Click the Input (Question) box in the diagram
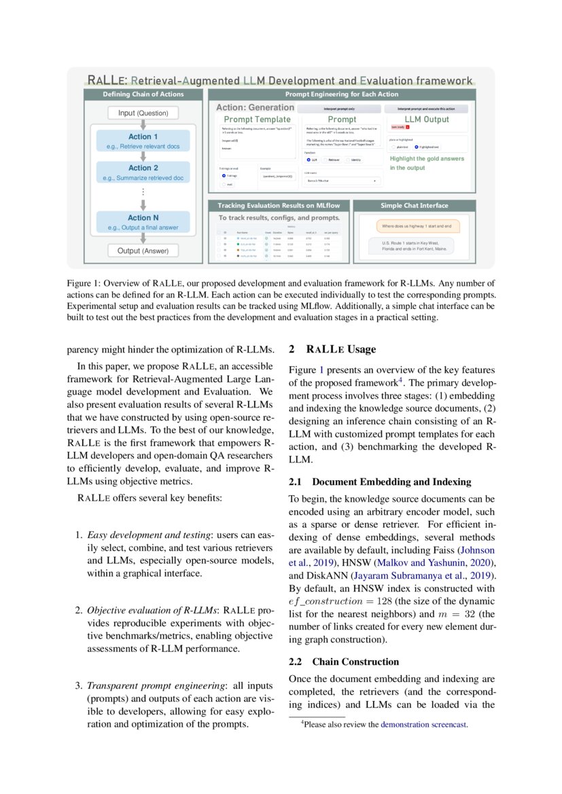143,113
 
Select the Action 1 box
143,141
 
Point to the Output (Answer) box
143,251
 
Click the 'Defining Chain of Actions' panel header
143,94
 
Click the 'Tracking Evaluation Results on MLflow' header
283,205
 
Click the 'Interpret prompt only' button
340,108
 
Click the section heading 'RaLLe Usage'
340,350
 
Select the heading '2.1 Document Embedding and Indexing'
380,482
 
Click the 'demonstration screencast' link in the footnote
423,725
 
